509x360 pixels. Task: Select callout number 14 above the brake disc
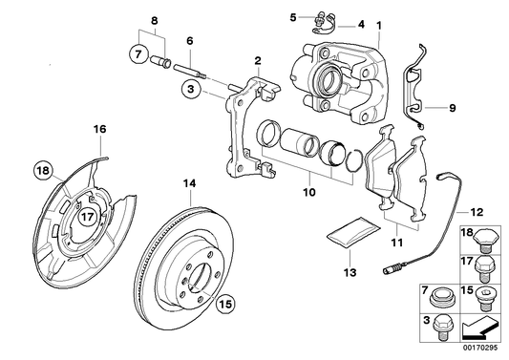pos(189,181)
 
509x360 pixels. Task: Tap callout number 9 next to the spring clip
pos(453,108)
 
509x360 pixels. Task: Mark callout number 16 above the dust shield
pos(100,129)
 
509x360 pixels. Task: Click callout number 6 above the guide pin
pos(190,40)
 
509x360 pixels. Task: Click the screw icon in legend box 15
pos(486,295)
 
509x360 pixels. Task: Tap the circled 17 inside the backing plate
pos(87,216)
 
